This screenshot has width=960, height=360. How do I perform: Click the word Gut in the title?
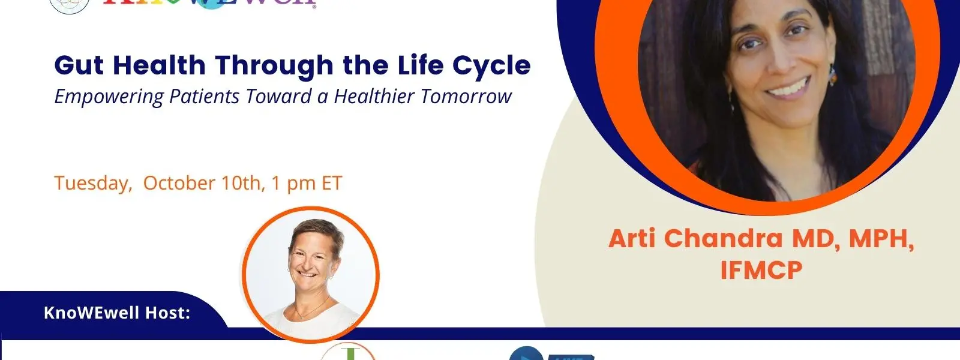click(79, 65)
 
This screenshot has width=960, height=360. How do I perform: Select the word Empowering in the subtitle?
click(109, 97)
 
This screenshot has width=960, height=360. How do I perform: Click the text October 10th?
click(202, 183)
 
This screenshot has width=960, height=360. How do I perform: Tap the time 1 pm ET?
click(306, 183)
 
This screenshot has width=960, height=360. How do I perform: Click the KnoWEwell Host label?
click(117, 313)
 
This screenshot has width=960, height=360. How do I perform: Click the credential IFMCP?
click(761, 271)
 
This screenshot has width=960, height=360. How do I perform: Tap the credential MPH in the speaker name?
click(881, 238)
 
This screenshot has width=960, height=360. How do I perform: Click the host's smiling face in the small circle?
click(310, 261)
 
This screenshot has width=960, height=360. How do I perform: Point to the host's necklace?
click(308, 312)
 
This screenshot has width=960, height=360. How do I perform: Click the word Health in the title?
click(159, 65)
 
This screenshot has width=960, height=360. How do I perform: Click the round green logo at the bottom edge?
click(348, 352)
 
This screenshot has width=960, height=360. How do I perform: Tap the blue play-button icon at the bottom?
click(526, 354)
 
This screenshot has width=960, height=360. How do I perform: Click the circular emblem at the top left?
click(70, 5)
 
